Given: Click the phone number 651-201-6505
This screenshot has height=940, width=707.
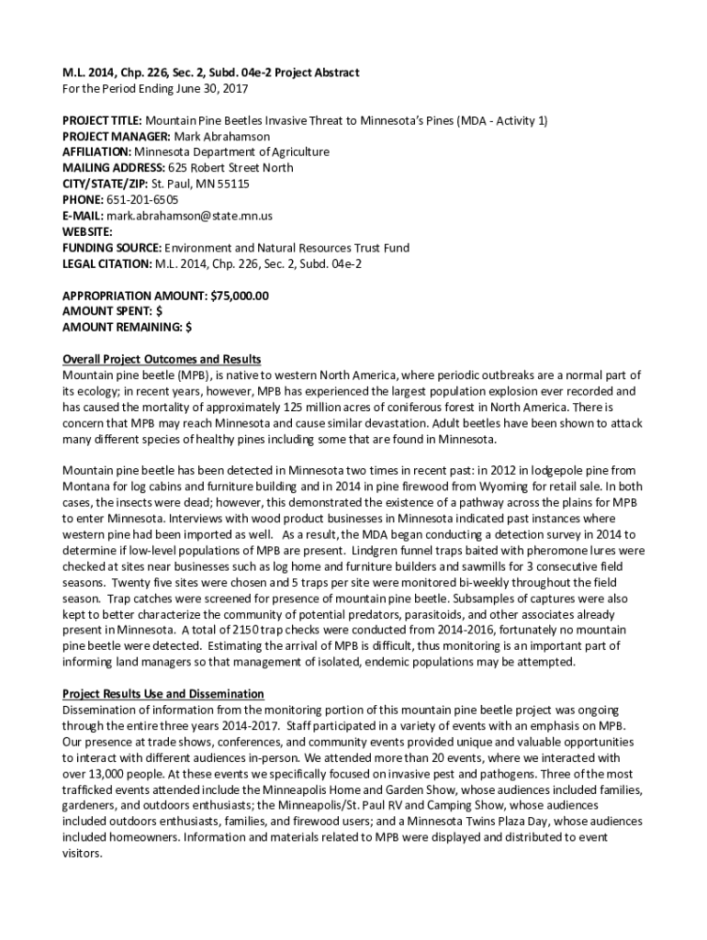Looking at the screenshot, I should pyautogui.click(x=141, y=199).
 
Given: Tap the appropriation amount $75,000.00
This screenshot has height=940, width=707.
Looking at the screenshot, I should pyautogui.click(x=239, y=296).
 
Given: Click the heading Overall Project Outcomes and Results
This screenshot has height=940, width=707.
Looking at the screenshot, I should pyautogui.click(x=162, y=359).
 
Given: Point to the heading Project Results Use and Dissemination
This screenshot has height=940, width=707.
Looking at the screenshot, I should pyautogui.click(x=163, y=693).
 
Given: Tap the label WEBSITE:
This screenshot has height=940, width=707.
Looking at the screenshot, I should pyautogui.click(x=87, y=231).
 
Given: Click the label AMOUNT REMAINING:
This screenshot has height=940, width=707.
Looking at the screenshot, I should pyautogui.click(x=121, y=327).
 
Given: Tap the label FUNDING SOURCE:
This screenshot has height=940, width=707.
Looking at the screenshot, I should pyautogui.click(x=112, y=248).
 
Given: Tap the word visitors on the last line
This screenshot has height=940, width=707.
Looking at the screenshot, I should pyautogui.click(x=82, y=853).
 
